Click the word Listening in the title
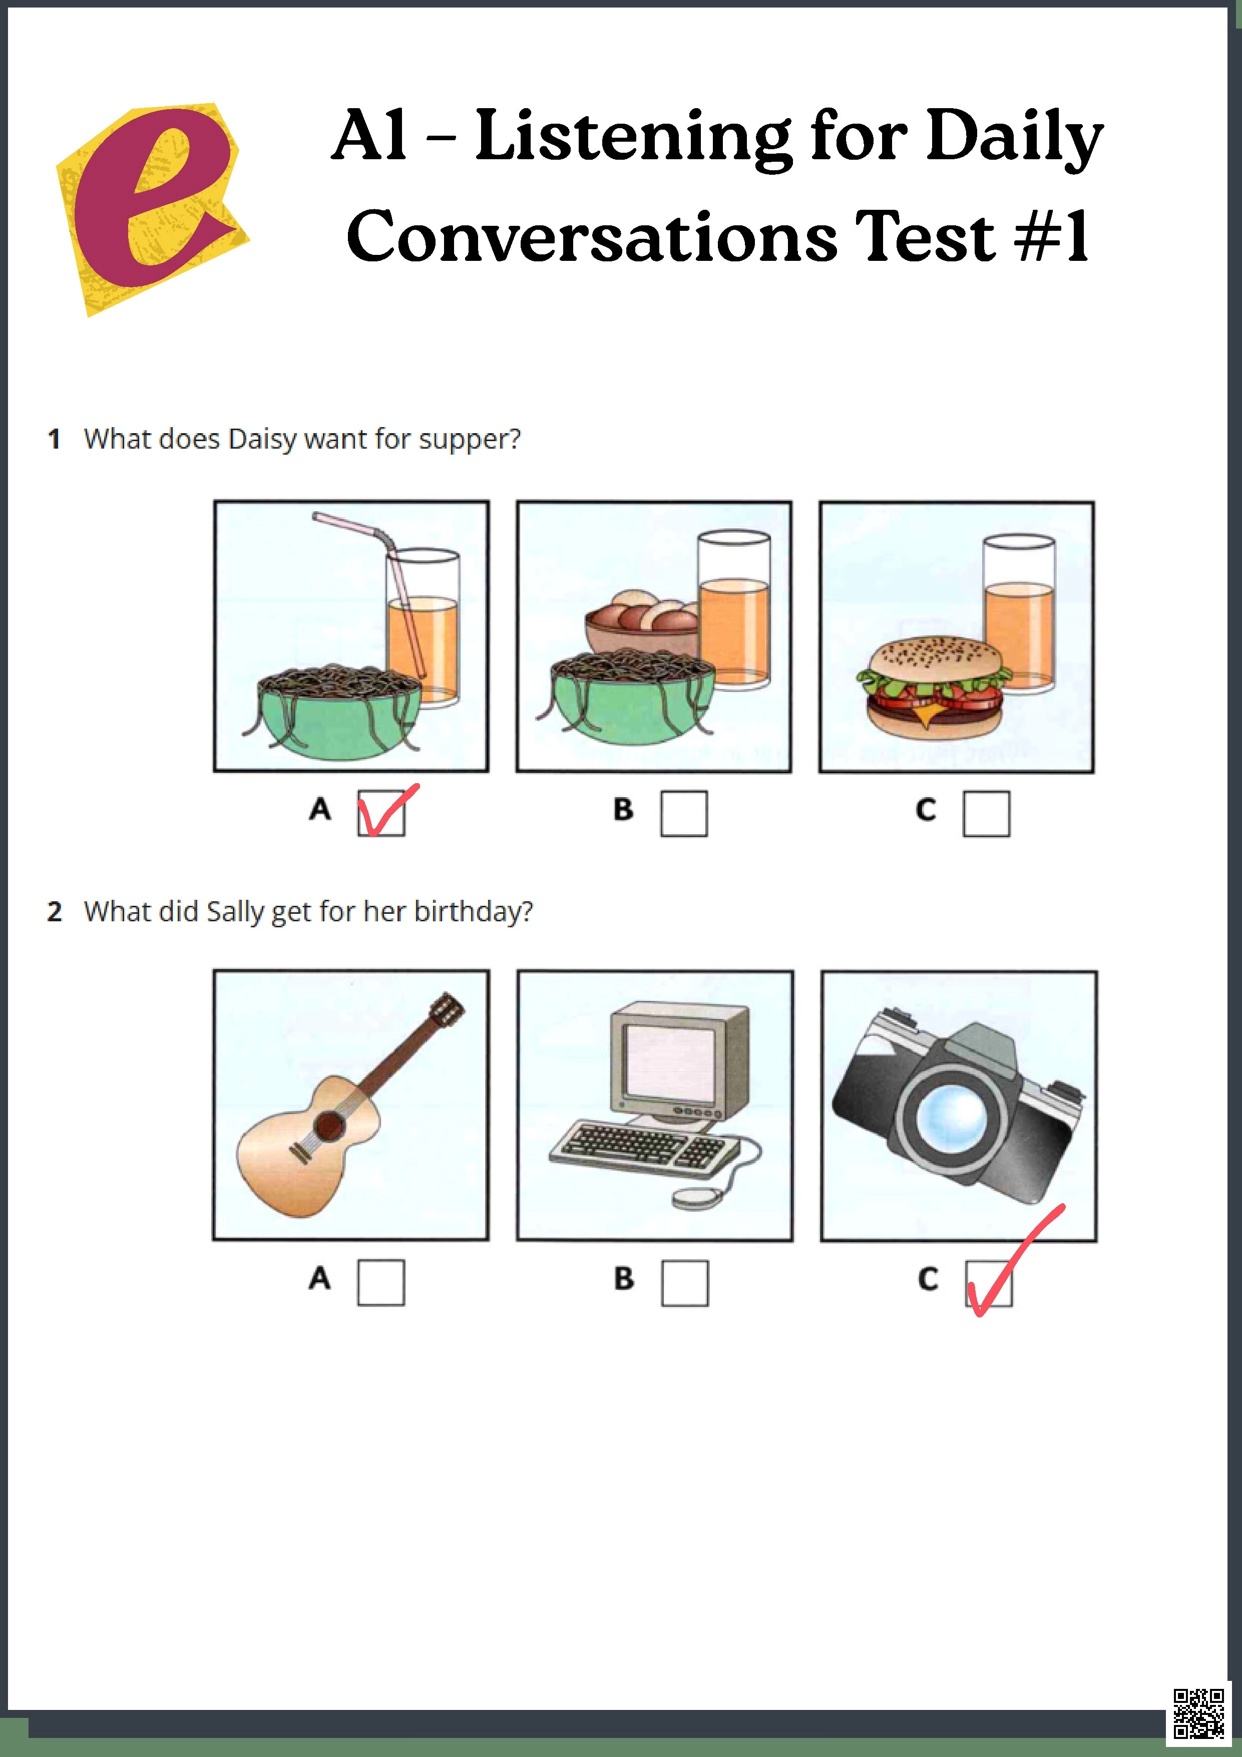pyautogui.click(x=632, y=136)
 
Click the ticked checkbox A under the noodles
pyautogui.click(x=381, y=813)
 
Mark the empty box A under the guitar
pyautogui.click(x=381, y=1282)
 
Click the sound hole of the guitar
pyautogui.click(x=330, y=1125)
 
